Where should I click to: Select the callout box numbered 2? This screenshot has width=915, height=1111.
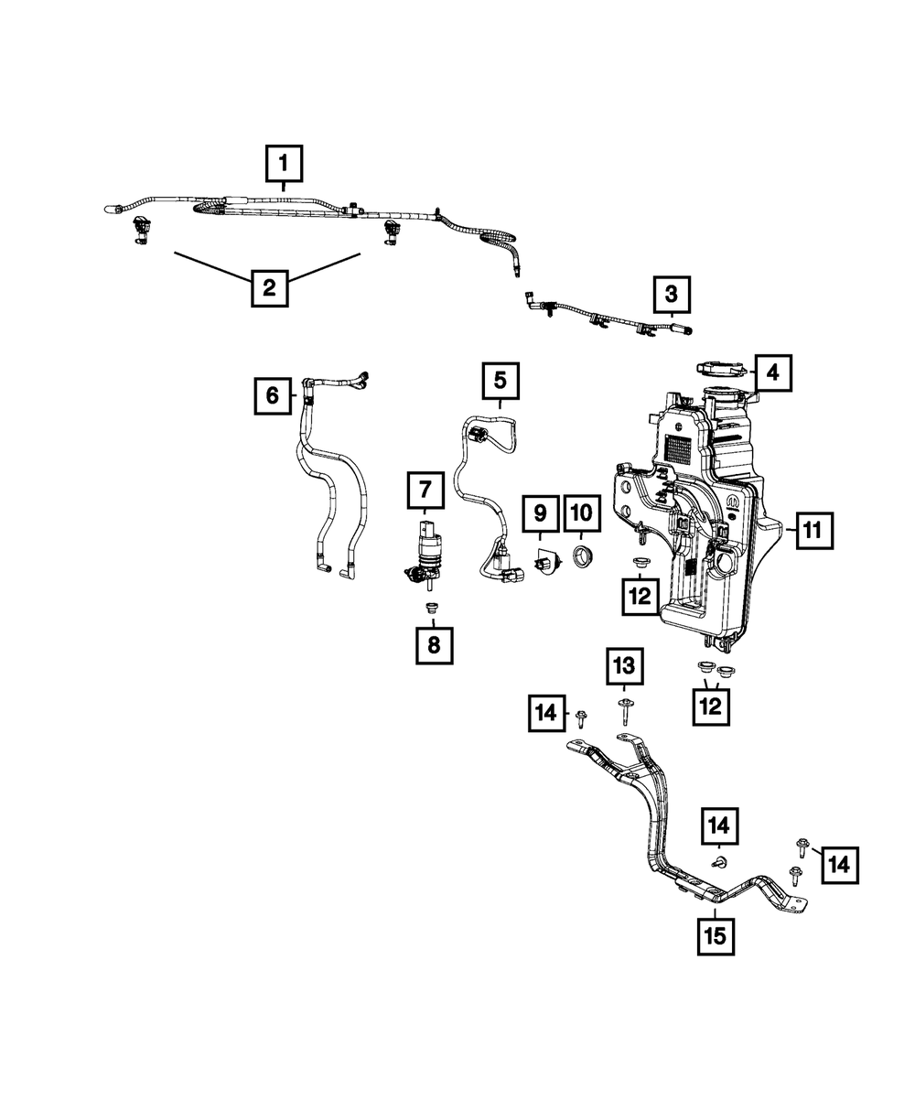268,288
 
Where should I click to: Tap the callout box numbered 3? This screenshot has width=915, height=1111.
672,295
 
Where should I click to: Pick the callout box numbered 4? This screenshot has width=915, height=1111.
773,372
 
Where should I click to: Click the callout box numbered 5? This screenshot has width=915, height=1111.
500,380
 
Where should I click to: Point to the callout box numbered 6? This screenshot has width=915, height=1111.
273,396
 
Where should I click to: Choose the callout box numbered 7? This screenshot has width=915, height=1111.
425,491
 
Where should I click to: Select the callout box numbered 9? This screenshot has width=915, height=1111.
540,514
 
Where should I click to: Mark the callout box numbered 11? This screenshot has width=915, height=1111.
813,529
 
